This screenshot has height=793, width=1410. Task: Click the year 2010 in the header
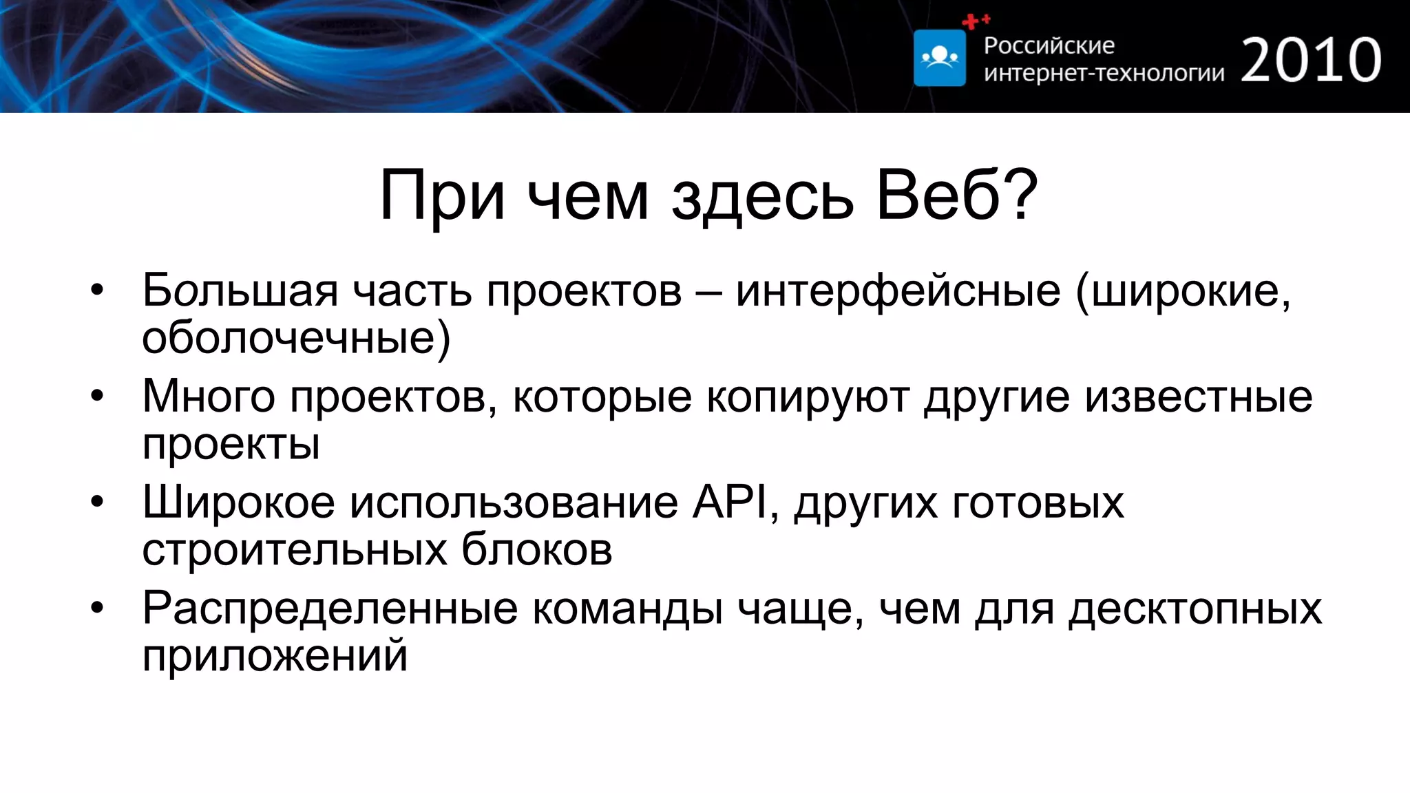[x=1311, y=61]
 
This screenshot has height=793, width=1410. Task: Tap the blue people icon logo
[x=940, y=58]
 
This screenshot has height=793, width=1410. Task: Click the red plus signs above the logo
[x=975, y=21]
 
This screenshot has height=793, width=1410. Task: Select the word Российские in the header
[x=1049, y=45]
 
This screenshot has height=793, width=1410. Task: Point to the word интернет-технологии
[x=1104, y=72]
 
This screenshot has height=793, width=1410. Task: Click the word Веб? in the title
[x=957, y=197]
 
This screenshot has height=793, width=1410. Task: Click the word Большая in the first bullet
[x=240, y=290]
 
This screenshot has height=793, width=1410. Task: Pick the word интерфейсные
[x=898, y=290]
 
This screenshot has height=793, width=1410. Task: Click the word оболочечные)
[x=296, y=337]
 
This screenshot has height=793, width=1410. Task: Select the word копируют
[x=808, y=397]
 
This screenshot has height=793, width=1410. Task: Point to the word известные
[x=1199, y=397]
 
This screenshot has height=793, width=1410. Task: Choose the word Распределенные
[x=330, y=609]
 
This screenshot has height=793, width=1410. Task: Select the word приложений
[x=275, y=655]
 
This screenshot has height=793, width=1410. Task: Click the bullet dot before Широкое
[x=97, y=503]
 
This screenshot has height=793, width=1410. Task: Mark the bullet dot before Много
[x=97, y=397]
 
